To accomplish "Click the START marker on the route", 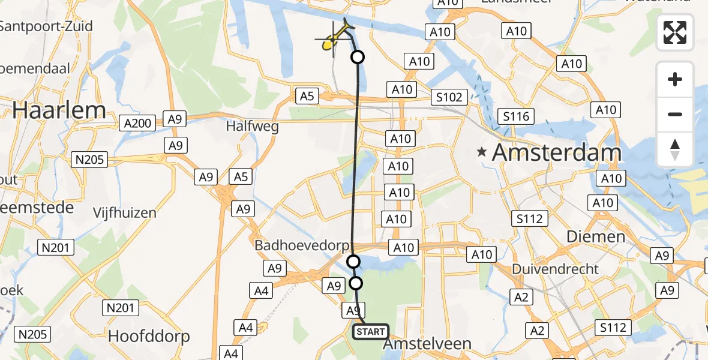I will (370, 331).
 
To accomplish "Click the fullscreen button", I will (675, 32).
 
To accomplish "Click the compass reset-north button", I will (675, 149).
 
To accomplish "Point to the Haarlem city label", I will (59, 110).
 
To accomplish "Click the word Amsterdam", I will (556, 152).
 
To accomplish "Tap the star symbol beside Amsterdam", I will (482, 152).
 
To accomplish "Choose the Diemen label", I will (596, 237).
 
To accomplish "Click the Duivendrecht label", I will (556, 269).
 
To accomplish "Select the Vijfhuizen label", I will (125, 212).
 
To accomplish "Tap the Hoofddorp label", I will (149, 336).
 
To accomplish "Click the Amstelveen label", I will (427, 344).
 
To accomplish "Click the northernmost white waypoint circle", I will (358, 58).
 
